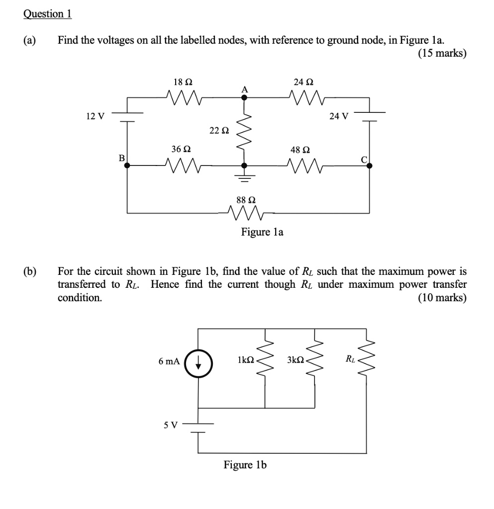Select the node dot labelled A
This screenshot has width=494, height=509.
(244, 98)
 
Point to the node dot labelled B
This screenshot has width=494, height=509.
(127, 166)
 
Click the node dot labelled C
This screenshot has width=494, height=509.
(369, 167)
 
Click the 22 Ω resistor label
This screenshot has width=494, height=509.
(219, 131)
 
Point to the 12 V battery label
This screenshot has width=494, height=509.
(95, 116)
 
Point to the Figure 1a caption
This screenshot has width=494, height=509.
(262, 232)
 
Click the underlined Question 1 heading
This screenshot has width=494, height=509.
(47, 14)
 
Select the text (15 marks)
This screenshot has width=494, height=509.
(442, 53)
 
